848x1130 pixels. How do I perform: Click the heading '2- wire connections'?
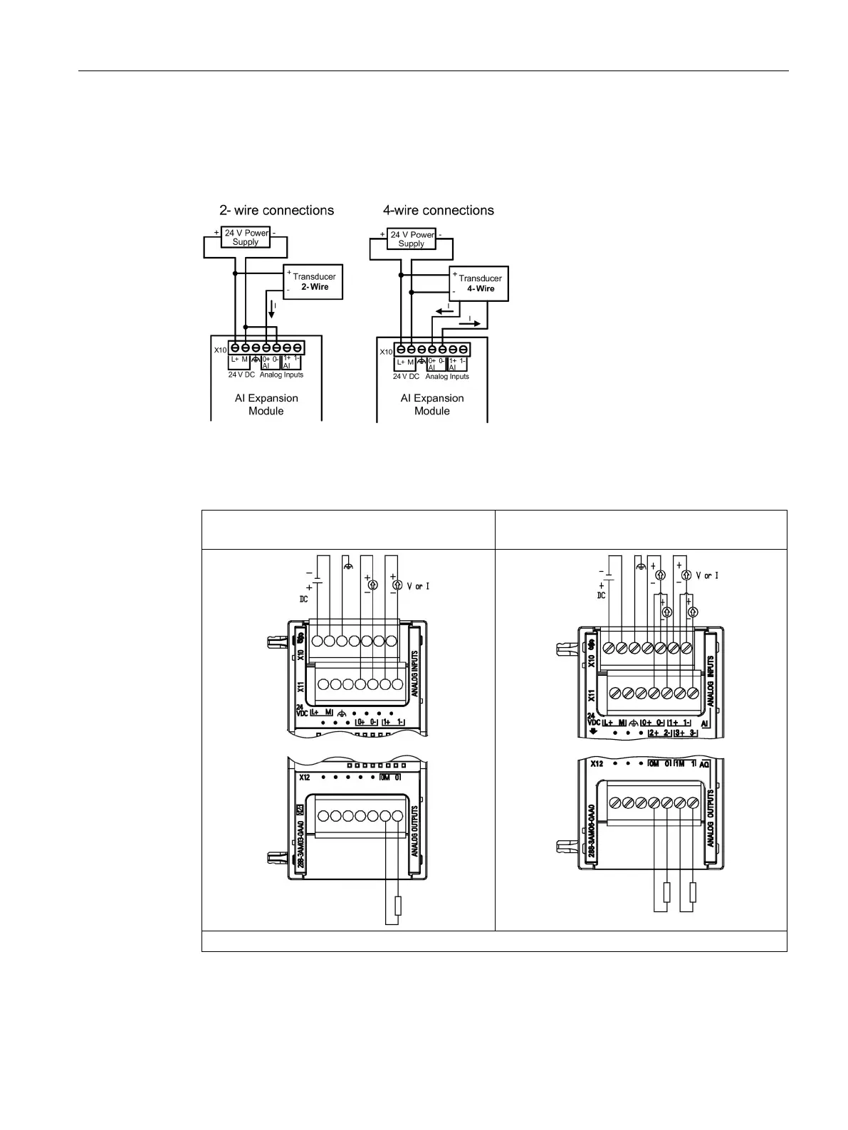click(x=276, y=211)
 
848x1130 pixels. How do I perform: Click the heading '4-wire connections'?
click(x=438, y=211)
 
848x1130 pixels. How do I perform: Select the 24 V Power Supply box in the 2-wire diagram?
click(x=246, y=237)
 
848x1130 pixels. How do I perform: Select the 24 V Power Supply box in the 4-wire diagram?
click(x=412, y=239)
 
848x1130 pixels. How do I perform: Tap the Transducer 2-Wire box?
click(x=313, y=281)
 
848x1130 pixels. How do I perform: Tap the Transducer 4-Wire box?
click(x=480, y=283)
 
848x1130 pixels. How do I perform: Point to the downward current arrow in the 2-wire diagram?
click(x=271, y=310)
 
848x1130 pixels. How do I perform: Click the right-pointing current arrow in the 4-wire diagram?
click(x=469, y=323)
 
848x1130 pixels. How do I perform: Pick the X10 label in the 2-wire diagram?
click(x=221, y=350)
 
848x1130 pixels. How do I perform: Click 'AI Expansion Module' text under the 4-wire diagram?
click(x=431, y=404)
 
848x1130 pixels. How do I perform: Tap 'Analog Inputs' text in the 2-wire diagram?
click(x=281, y=375)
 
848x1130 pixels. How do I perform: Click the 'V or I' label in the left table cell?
click(x=418, y=587)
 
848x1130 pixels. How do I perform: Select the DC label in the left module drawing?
click(x=303, y=600)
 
